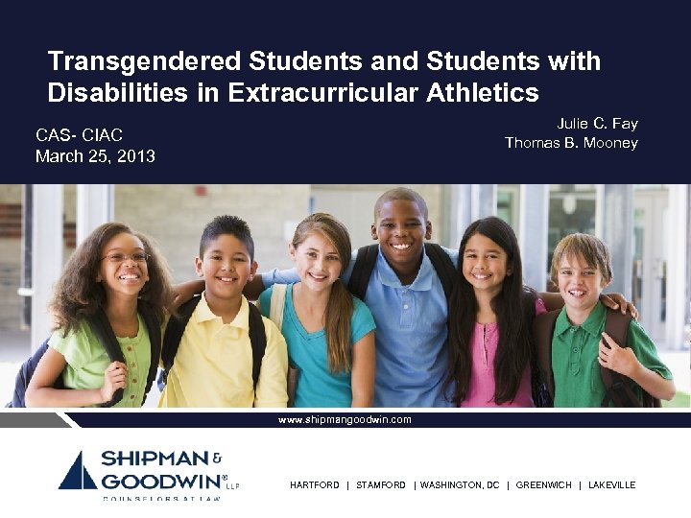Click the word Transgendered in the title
[145, 62]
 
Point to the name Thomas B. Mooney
[571, 143]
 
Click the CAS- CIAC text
[79, 136]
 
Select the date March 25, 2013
[95, 155]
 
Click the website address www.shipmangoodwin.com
[345, 419]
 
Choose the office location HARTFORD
[315, 485]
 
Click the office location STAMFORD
[381, 485]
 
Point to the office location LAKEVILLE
[611, 485]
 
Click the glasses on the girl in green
[128, 257]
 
